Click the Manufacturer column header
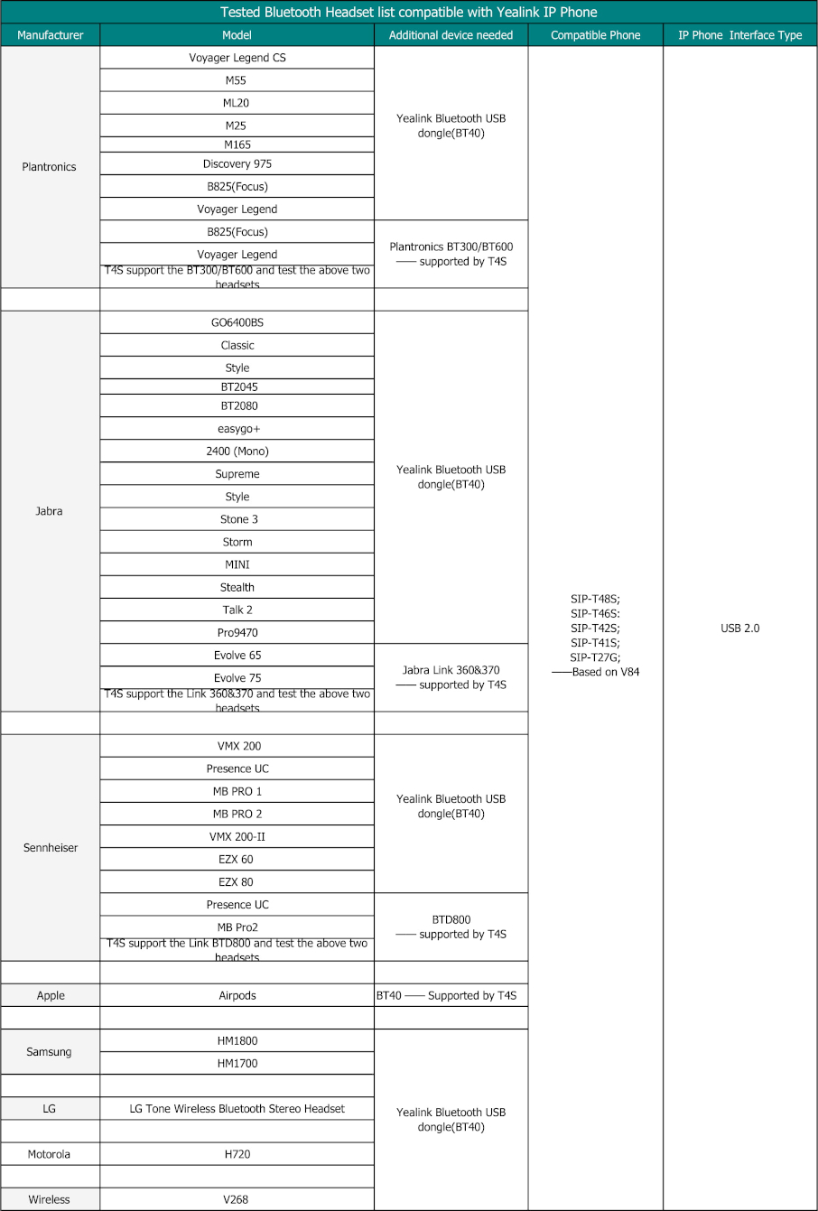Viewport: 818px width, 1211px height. point(50,35)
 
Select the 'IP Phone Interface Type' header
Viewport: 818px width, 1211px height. point(739,35)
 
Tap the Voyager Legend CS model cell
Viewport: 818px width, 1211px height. point(237,58)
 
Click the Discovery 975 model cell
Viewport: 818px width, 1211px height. point(237,163)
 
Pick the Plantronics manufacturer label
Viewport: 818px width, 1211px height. point(50,167)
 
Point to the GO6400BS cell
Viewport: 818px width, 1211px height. point(237,322)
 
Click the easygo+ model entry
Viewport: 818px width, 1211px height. point(237,429)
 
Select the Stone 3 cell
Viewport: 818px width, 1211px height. point(238,519)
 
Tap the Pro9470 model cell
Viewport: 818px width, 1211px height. point(238,633)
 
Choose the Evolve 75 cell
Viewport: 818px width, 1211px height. point(237,678)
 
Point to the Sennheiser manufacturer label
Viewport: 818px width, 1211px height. point(51,848)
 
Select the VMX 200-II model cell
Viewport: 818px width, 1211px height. point(237,837)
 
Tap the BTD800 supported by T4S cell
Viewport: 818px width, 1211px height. point(451,927)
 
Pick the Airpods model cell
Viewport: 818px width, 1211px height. point(237,995)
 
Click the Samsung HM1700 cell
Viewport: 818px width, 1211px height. point(237,1064)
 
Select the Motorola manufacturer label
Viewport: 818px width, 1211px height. point(49,1154)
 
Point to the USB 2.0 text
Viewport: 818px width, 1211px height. point(739,629)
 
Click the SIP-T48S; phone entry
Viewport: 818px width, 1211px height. point(595,599)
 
